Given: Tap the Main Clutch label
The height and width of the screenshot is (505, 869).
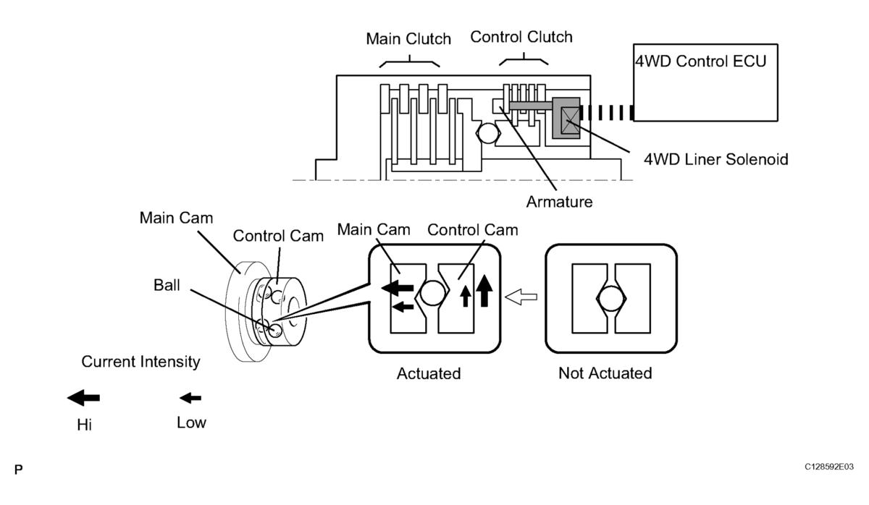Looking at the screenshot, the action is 408,39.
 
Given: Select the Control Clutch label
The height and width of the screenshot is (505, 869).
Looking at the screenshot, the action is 521,37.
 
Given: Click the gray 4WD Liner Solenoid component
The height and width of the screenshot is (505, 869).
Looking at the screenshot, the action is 566,118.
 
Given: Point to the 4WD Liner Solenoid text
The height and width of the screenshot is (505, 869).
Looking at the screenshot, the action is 716,159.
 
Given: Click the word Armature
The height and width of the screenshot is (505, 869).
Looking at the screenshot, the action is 559,202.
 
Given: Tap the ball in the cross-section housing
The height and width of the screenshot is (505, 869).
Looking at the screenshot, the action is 487,133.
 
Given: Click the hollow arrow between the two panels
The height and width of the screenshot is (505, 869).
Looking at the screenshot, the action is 521,297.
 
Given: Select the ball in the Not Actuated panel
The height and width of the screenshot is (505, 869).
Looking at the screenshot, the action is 611,299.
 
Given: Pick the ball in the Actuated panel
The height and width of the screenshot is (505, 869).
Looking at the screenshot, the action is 432,292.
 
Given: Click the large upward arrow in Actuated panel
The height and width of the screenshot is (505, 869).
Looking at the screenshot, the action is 484,291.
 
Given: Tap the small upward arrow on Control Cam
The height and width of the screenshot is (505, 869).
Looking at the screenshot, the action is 466,297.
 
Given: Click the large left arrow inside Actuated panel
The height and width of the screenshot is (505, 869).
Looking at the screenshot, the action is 398,288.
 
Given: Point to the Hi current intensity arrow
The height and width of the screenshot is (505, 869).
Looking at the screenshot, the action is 83,398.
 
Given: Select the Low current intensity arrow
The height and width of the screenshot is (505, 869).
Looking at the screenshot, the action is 190,398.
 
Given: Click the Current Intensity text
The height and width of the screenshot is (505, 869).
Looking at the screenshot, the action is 140,362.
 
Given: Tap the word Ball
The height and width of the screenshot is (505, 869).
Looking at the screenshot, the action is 167,285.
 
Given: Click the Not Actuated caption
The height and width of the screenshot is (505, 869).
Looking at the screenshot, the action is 605,373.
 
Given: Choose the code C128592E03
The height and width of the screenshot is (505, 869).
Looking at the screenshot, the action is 829,467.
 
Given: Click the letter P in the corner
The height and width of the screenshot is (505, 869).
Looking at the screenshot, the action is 18,470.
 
